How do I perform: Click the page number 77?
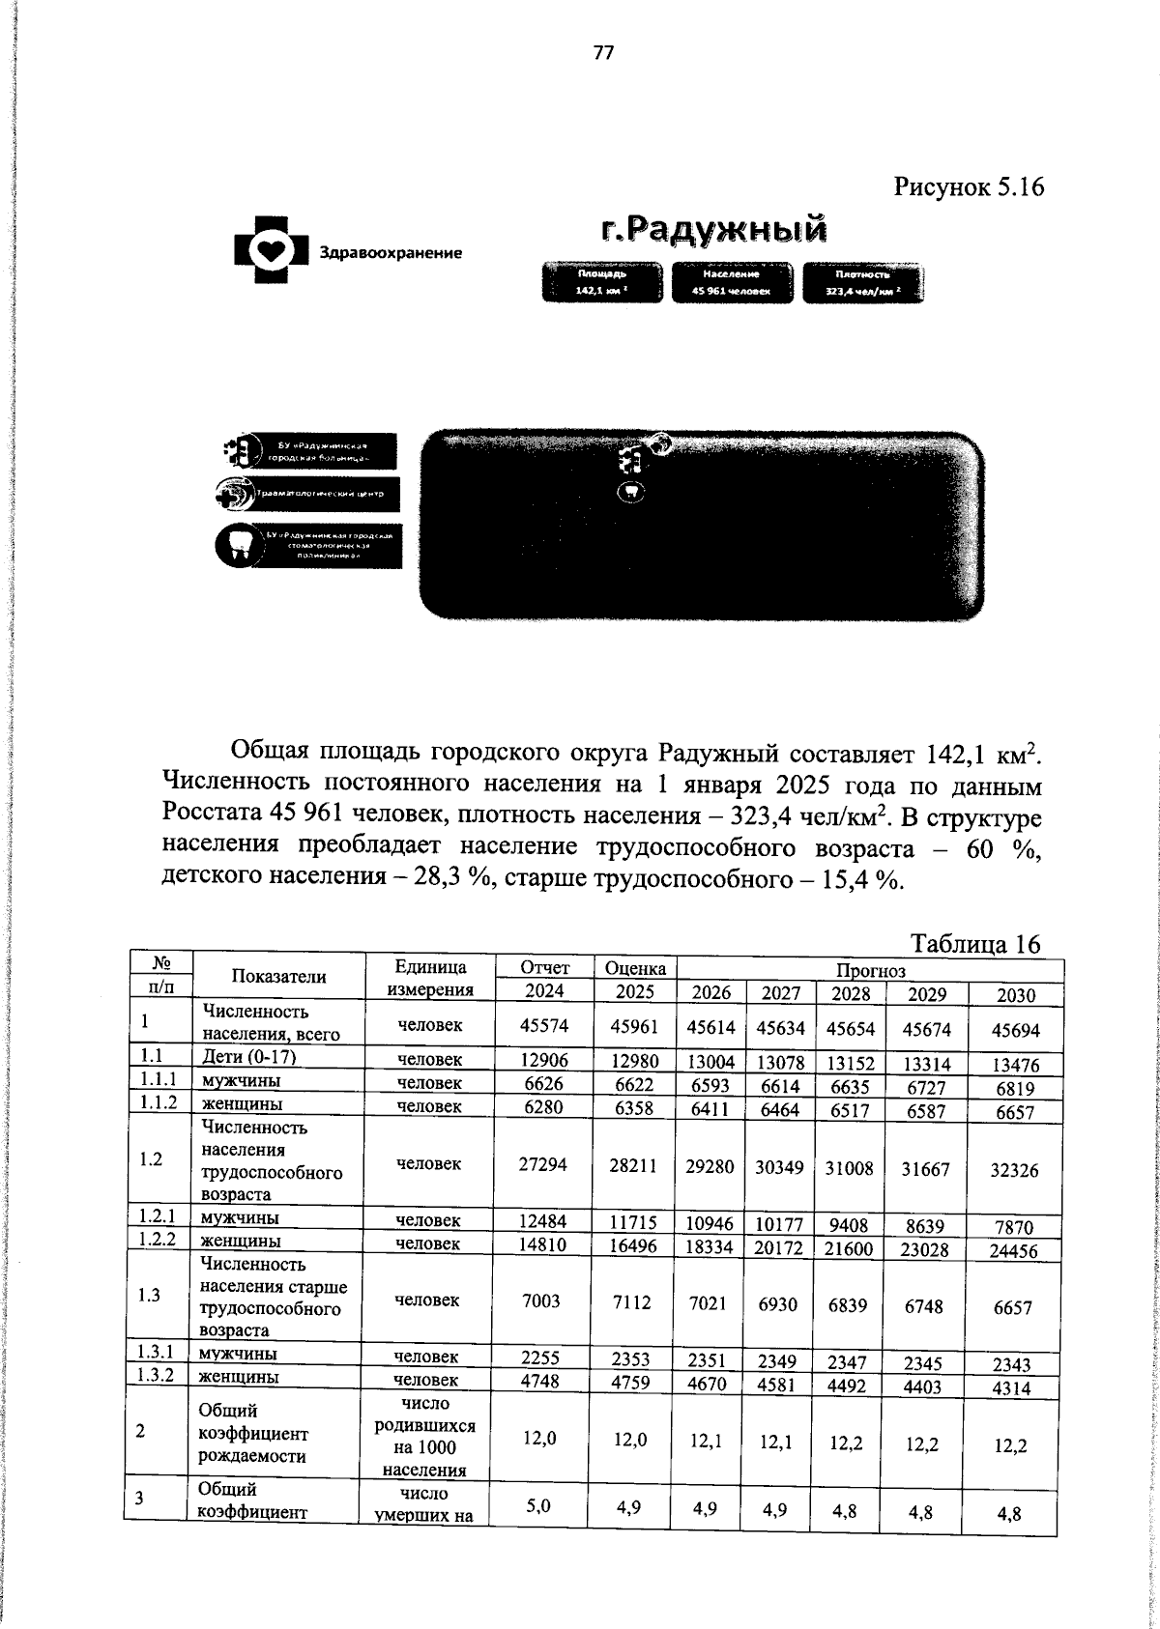tap(603, 53)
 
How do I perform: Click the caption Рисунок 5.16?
tap(969, 186)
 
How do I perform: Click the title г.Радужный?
tap(713, 229)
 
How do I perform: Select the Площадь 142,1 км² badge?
tap(602, 282)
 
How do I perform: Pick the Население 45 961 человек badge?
tap(732, 282)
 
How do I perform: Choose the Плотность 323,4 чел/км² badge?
tap(862, 282)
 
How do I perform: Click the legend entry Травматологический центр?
tap(306, 495)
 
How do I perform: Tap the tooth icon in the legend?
tap(238, 546)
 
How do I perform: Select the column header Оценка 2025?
tap(634, 979)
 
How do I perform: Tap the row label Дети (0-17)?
tap(246, 1057)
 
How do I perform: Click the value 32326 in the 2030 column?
tap(1014, 1170)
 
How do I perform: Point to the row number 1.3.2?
tap(156, 1375)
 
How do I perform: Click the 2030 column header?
tap(1014, 995)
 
